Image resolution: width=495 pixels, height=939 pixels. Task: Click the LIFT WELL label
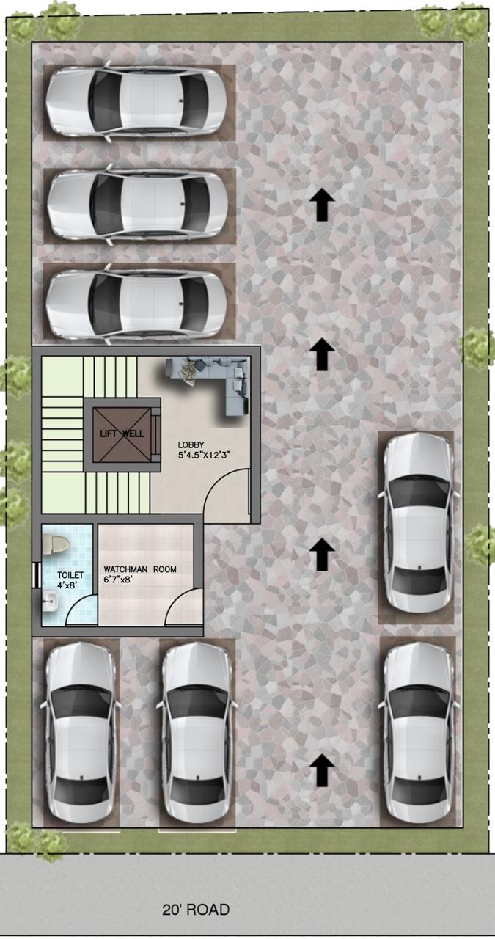(122, 434)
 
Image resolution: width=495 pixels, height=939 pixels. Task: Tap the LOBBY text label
(191, 445)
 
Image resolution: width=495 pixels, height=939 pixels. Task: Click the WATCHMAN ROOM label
(140, 569)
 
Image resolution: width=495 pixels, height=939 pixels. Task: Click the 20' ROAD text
(196, 910)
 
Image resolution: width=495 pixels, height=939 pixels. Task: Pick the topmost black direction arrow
(321, 205)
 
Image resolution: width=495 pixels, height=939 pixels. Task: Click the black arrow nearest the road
(321, 772)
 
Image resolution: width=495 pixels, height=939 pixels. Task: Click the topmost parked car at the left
(137, 102)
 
